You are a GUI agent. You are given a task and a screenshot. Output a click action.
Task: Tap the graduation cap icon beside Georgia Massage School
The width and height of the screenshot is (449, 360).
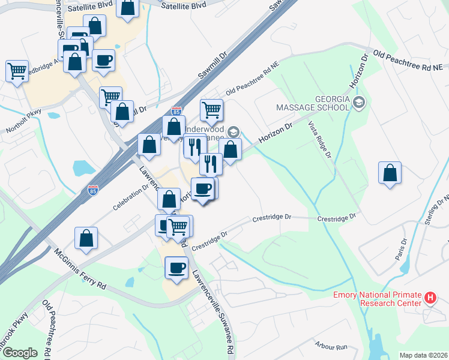pyautogui.click(x=359, y=101)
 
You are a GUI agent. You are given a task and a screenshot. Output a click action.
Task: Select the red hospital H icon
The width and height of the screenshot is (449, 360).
pyautogui.click(x=430, y=298)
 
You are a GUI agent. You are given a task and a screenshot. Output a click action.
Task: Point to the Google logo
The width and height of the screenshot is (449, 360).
pyautogui.click(x=20, y=353)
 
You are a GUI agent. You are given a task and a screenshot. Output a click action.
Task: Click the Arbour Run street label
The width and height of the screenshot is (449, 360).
pyautogui.click(x=331, y=346)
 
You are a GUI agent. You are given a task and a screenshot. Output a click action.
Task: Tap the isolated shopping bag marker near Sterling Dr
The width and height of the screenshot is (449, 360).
pyautogui.click(x=390, y=173)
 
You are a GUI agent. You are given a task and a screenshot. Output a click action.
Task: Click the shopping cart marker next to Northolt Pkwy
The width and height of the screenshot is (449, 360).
pyautogui.click(x=17, y=70)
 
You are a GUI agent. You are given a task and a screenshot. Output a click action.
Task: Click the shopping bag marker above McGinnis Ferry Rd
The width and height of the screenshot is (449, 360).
pyautogui.click(x=86, y=238)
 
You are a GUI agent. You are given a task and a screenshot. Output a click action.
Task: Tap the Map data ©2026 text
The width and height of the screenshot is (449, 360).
pyautogui.click(x=423, y=355)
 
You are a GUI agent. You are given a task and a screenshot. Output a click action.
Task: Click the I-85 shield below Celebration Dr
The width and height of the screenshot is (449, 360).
pyautogui.click(x=93, y=190)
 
